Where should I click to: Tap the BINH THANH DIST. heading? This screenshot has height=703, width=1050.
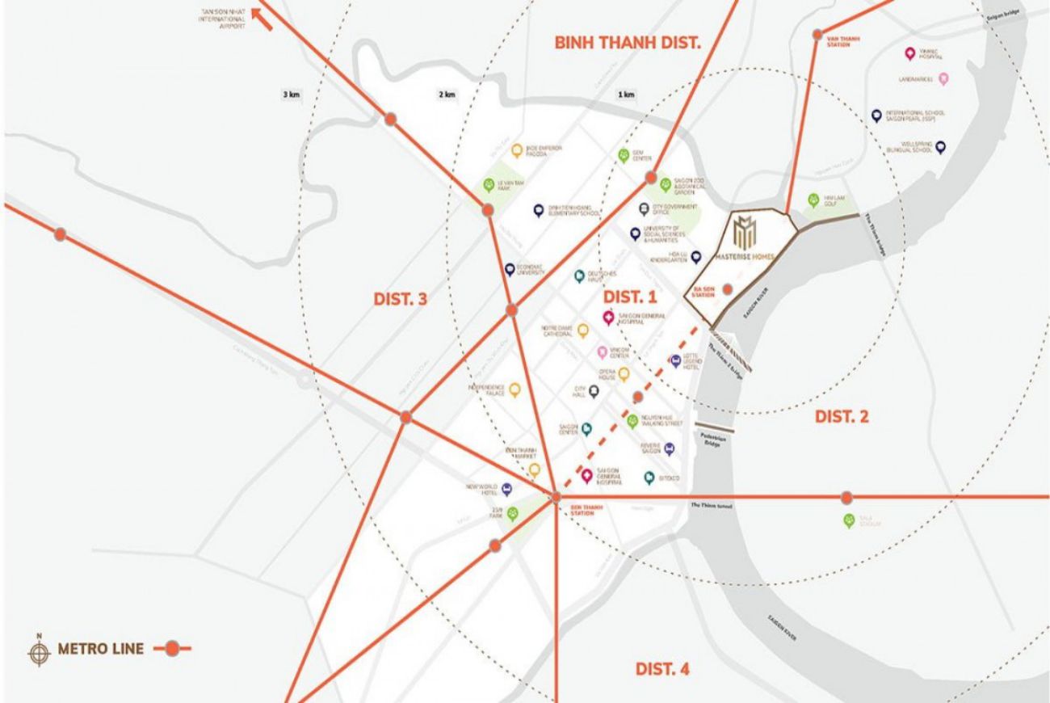(x=627, y=43)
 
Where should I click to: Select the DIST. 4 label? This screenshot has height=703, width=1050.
(x=662, y=669)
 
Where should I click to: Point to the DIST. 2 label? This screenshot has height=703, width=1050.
(x=842, y=417)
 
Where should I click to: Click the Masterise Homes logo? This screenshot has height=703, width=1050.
(x=744, y=232)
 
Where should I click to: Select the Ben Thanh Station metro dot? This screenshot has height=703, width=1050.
(x=556, y=497)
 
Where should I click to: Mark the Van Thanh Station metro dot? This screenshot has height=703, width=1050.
(x=817, y=34)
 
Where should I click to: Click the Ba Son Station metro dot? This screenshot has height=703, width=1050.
(x=728, y=288)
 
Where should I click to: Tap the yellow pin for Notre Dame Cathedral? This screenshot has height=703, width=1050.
(x=583, y=330)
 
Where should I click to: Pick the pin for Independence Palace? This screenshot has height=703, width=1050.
(x=514, y=389)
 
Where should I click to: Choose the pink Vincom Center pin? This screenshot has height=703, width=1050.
(x=603, y=352)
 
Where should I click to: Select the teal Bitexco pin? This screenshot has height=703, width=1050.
(x=648, y=478)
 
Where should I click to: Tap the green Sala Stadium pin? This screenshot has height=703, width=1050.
(x=848, y=520)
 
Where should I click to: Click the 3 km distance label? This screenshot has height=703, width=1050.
(x=291, y=95)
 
